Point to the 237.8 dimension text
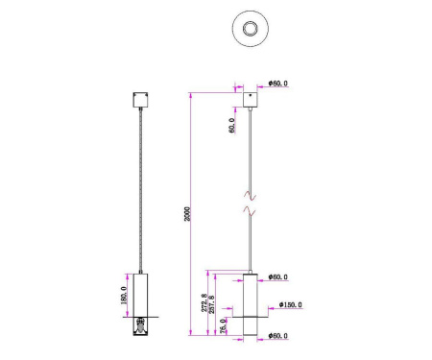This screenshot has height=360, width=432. tap(212, 302)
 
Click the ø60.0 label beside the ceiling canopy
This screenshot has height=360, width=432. tap(278, 84)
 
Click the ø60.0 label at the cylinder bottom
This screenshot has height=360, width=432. tap(279, 336)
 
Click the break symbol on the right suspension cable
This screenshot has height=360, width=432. tap(252, 207)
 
